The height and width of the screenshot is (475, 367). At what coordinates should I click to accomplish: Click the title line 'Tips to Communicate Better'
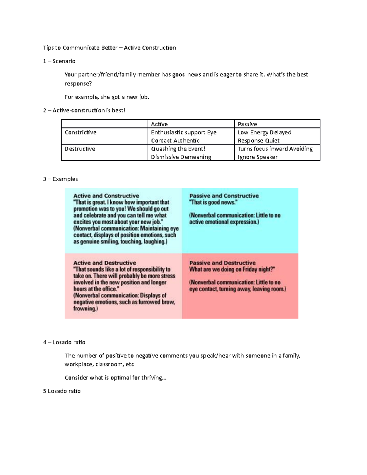coord(109,48)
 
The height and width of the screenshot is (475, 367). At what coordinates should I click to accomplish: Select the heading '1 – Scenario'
coord(59,61)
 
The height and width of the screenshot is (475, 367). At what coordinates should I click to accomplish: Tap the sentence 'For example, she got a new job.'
coord(107,97)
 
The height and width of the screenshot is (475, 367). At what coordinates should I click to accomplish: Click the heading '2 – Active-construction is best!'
coord(84,110)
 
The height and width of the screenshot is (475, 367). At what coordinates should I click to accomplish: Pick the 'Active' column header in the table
coord(159,124)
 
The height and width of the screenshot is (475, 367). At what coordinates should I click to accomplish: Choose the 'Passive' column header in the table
coord(247,124)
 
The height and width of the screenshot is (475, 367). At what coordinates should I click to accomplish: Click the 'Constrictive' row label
coord(80,132)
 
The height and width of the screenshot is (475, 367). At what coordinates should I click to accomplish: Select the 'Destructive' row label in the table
coord(80,149)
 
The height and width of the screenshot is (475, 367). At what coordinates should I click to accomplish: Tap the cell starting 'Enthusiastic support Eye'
coord(183,136)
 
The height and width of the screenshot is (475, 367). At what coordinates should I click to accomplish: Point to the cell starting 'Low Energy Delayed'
coord(264,136)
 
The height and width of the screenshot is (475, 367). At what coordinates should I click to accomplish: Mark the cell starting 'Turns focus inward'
coord(275,153)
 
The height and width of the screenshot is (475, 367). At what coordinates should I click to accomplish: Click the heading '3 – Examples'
coord(61,179)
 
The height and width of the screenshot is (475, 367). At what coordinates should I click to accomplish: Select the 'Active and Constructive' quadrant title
coord(106,196)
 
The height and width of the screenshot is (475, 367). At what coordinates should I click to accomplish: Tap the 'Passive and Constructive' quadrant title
coord(224,196)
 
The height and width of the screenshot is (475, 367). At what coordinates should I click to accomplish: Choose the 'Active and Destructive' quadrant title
coord(105,263)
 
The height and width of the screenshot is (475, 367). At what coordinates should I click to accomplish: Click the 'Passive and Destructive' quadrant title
coord(222,263)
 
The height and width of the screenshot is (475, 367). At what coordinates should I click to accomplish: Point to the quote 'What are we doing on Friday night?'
coord(232,269)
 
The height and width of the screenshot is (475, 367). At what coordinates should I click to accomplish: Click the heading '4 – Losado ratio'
coord(64,342)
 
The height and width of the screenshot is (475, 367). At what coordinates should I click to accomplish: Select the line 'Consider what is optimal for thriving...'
coord(115,378)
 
